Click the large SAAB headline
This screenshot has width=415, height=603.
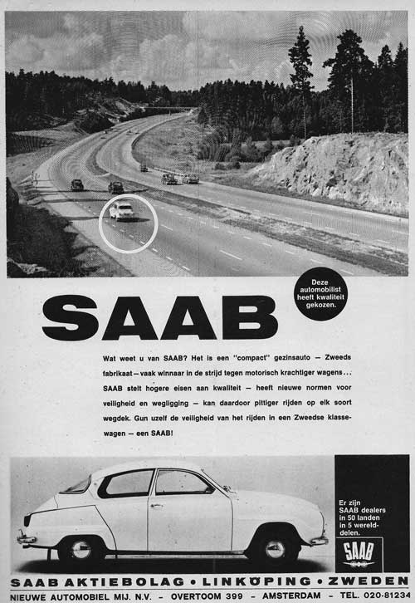point(159,317)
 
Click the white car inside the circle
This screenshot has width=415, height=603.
point(123,211)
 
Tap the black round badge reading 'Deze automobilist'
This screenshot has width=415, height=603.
point(320,293)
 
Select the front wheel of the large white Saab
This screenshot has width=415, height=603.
point(275,549)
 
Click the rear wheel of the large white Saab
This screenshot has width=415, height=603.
point(81,549)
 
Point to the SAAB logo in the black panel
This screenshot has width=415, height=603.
point(359,552)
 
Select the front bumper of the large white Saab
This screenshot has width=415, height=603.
point(317,540)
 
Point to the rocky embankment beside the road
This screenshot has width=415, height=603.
point(340,174)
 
